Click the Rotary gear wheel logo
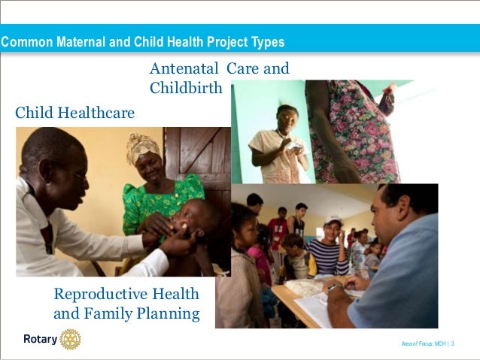pos(70,339)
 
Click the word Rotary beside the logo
pos(40,340)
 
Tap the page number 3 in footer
pos(454,343)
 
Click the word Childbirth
pos(186,88)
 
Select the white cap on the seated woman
pos(333,219)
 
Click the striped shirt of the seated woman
pos(329,256)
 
